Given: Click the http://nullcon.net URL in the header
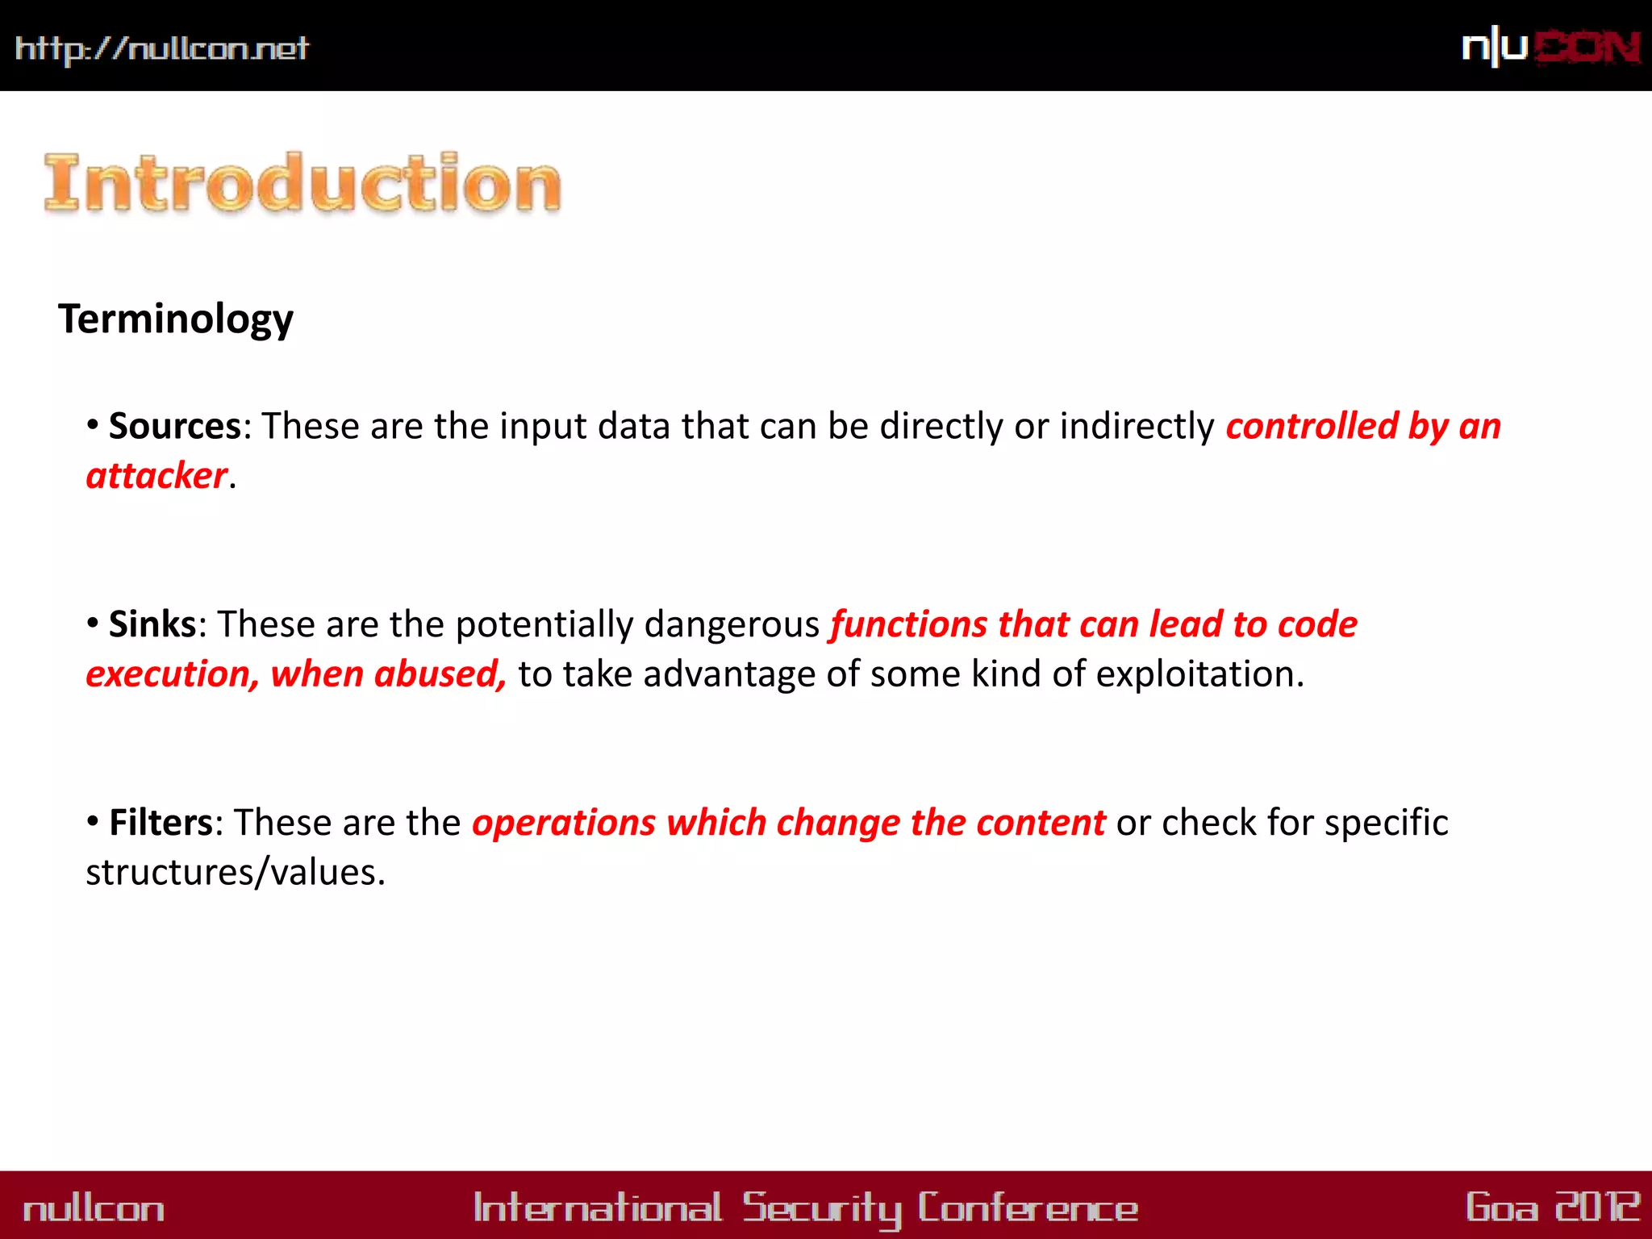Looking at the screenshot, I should click(161, 49).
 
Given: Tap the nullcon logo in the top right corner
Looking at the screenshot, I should click(1550, 48).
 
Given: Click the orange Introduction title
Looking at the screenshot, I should click(302, 183).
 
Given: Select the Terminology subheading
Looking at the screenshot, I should click(176, 319).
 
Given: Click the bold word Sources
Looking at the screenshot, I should click(174, 426).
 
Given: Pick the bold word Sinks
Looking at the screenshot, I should click(152, 624).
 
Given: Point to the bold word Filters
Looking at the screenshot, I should click(161, 823).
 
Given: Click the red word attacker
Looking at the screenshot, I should click(156, 476).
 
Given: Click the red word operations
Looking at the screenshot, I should click(564, 823).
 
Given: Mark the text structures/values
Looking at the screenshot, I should click(236, 873).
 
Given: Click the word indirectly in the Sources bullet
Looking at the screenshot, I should click(1137, 426).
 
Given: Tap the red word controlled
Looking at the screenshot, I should click(1312, 426).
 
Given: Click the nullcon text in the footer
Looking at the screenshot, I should click(94, 1209).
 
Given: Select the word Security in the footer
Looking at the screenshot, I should click(821, 1208).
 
